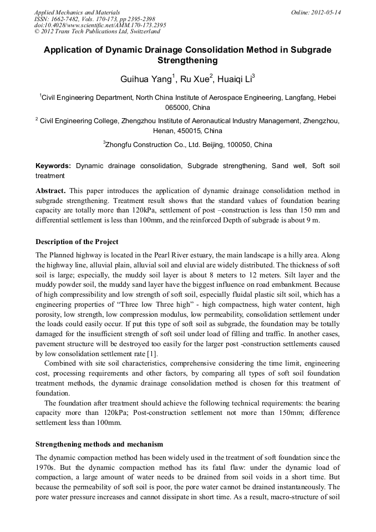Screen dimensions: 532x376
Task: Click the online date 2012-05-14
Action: click(x=326, y=12)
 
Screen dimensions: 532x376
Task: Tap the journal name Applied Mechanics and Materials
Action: click(x=77, y=12)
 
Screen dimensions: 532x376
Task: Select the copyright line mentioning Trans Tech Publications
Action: click(x=93, y=32)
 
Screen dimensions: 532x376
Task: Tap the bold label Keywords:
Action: click(x=53, y=165)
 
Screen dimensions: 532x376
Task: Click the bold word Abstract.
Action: click(x=50, y=190)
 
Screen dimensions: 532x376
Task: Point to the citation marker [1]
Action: click(x=152, y=353)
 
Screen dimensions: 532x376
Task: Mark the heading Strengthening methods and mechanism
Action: click(x=99, y=444)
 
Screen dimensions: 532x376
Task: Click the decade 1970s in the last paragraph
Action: click(x=45, y=467)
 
